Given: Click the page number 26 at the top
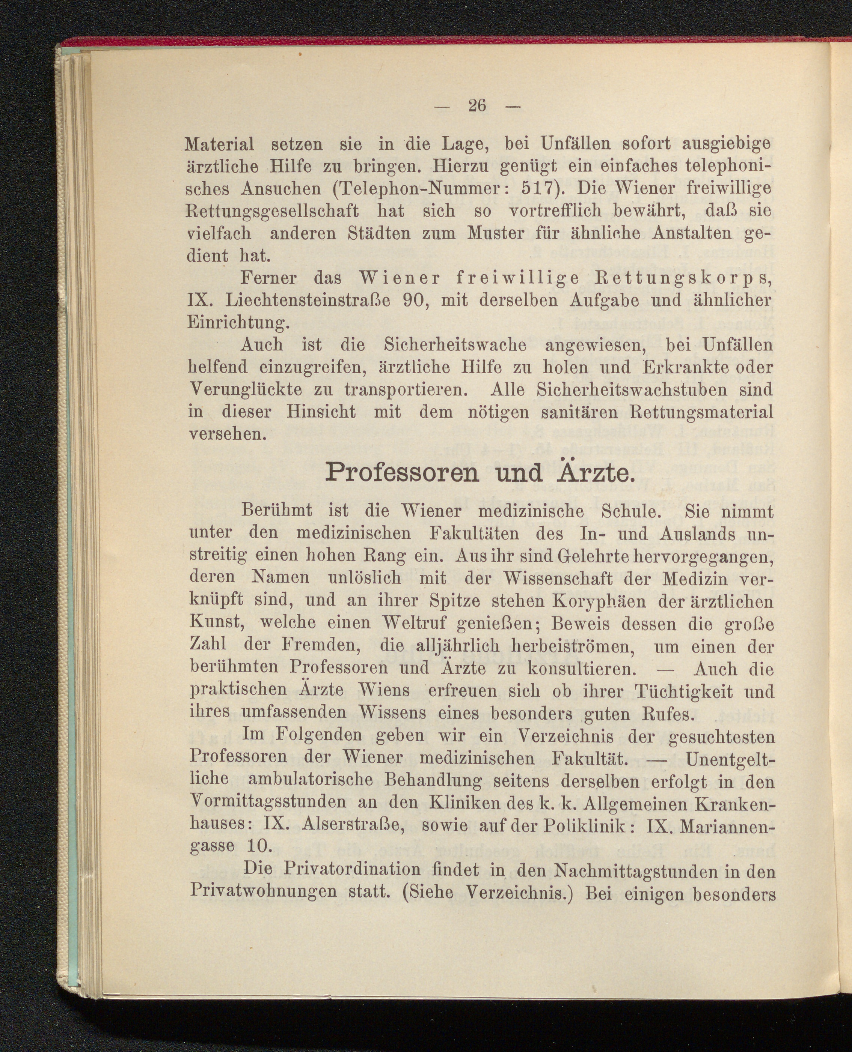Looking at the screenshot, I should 477,105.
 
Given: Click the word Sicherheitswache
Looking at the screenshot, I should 455,345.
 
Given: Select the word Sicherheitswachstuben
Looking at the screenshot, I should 633,389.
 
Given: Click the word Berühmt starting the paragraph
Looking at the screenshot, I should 277,511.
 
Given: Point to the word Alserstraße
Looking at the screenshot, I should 352,825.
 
